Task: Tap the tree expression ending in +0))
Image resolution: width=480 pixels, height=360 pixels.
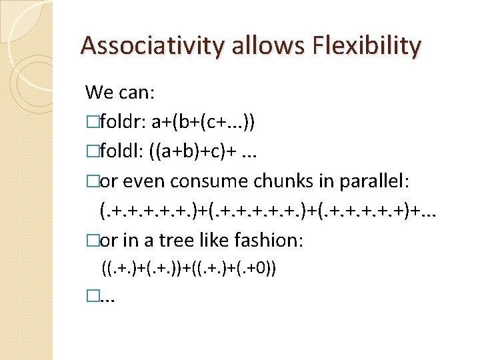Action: tap(189, 269)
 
